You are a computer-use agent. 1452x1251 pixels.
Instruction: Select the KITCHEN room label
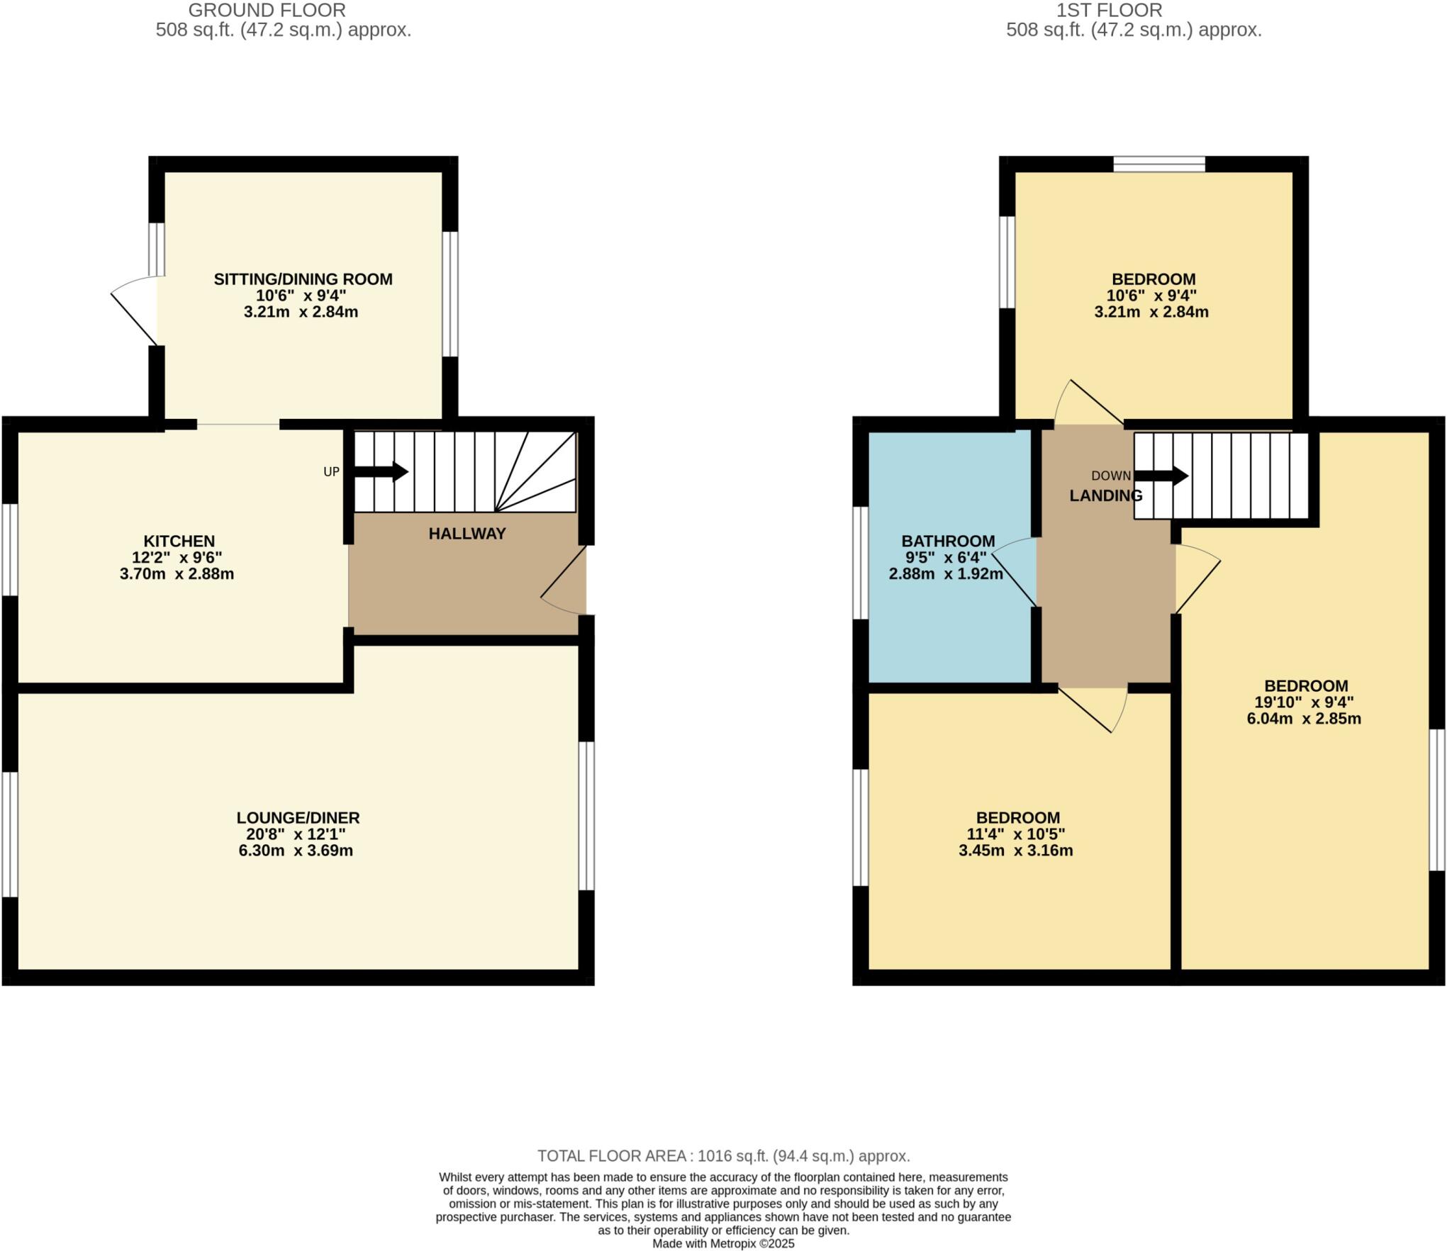[179, 541]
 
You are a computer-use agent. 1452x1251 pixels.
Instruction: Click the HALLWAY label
[467, 534]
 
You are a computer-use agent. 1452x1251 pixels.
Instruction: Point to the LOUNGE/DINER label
[298, 817]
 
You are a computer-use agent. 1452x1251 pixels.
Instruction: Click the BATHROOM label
[948, 541]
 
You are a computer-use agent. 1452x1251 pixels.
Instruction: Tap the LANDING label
[1105, 496]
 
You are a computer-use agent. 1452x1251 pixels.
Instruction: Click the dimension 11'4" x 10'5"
[1015, 834]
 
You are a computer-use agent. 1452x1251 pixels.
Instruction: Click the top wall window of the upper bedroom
[1158, 164]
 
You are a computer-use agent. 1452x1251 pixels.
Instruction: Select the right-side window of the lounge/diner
[586, 815]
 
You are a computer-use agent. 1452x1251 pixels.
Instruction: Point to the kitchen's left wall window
[9, 549]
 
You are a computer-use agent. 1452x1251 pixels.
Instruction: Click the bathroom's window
[860, 563]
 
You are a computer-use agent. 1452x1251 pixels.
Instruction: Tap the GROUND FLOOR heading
[267, 11]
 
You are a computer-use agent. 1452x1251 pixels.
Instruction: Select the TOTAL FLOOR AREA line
[723, 1156]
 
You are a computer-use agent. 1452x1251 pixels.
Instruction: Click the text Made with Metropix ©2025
[723, 1243]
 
